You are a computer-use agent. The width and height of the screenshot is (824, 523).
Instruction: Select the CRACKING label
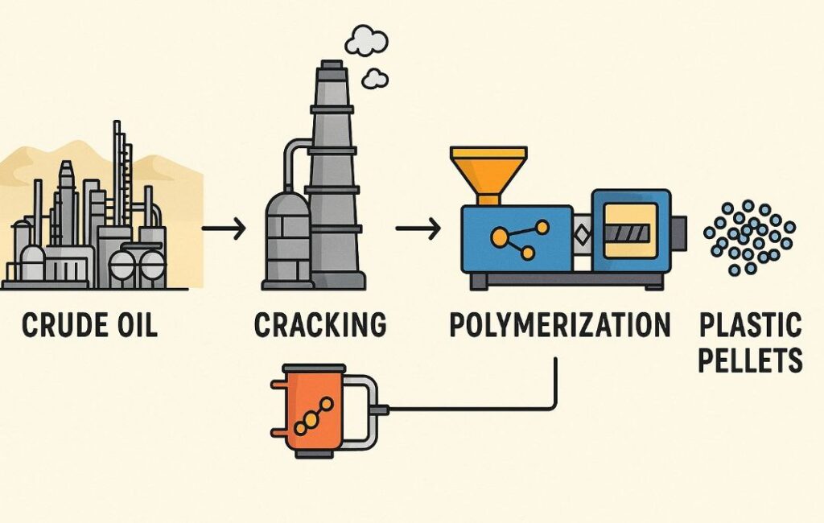click(320, 325)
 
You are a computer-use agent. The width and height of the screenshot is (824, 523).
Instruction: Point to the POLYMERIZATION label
click(559, 325)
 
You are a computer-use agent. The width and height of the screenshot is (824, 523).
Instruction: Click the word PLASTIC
click(749, 326)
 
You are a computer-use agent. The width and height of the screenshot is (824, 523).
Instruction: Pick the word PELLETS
click(749, 360)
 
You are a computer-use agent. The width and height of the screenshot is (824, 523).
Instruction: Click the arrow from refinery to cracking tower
click(223, 230)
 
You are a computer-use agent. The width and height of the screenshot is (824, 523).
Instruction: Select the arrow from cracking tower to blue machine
click(418, 230)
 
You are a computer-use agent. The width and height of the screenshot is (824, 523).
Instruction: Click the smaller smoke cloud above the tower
click(374, 78)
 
